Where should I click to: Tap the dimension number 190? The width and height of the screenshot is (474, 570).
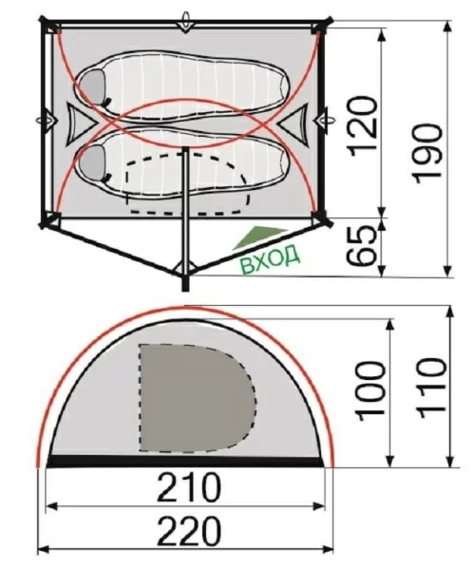tap(427, 152)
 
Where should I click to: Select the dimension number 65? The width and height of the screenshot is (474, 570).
tap(361, 246)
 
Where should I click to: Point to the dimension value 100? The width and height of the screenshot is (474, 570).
tap(371, 391)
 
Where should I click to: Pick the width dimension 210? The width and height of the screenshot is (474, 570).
tap(189, 487)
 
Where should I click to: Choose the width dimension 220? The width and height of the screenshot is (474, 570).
tap(189, 531)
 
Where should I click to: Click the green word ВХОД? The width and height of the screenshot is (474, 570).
tap(270, 258)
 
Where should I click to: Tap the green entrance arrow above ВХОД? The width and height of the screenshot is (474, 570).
tap(259, 237)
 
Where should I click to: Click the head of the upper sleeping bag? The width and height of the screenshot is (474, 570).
tap(91, 87)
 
